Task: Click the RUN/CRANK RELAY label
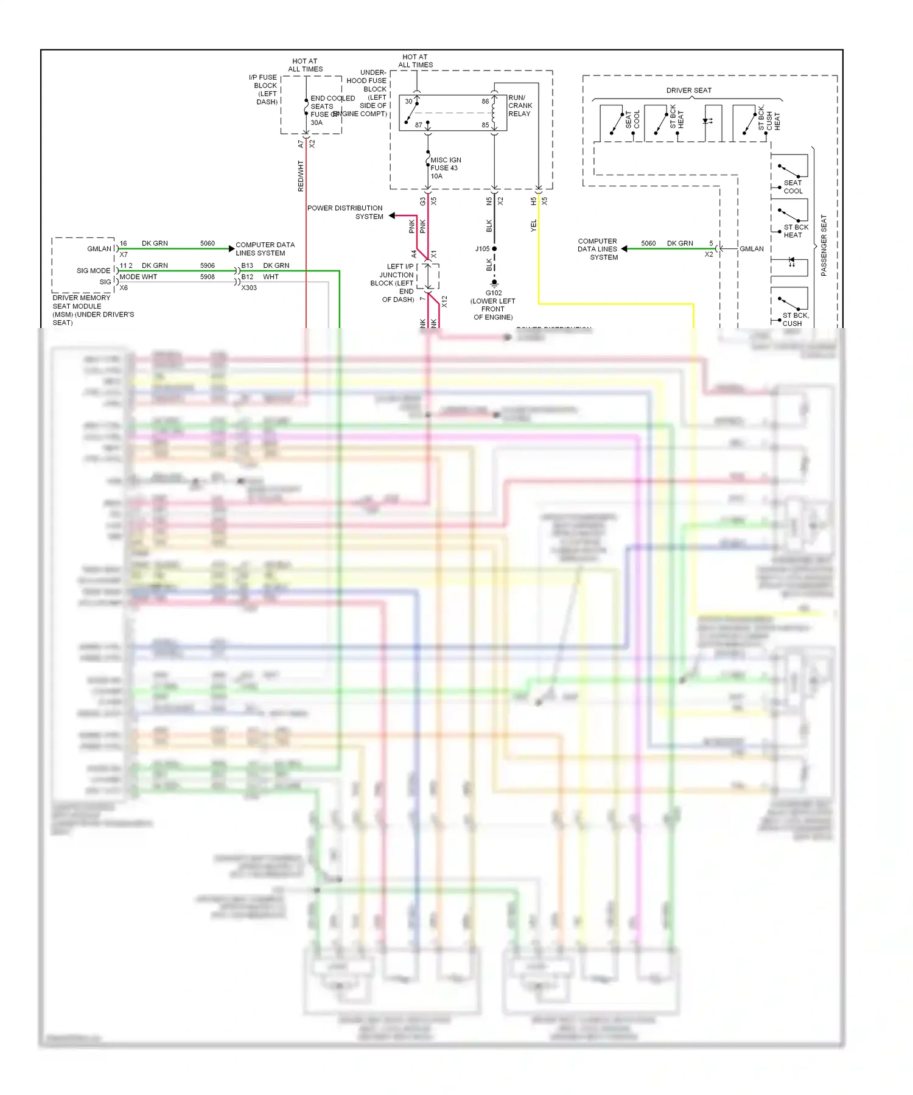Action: (520, 106)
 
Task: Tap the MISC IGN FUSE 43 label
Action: (445, 168)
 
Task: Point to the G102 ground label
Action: (493, 304)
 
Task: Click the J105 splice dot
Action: (494, 249)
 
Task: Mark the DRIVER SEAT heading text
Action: (688, 91)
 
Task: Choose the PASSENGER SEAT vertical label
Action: (824, 245)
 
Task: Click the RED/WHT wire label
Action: (301, 176)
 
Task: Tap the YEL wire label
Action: (534, 225)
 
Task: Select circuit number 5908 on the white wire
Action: (208, 277)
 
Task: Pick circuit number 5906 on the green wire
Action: (208, 266)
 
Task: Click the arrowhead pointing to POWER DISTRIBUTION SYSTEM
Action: (393, 215)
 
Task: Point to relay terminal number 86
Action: (485, 102)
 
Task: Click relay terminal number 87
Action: (419, 125)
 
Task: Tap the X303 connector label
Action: (249, 288)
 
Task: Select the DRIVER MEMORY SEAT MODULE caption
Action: (93, 310)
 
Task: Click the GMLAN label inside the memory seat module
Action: (99, 249)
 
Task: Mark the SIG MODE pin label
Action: (94, 271)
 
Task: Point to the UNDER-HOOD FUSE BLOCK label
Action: (366, 93)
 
